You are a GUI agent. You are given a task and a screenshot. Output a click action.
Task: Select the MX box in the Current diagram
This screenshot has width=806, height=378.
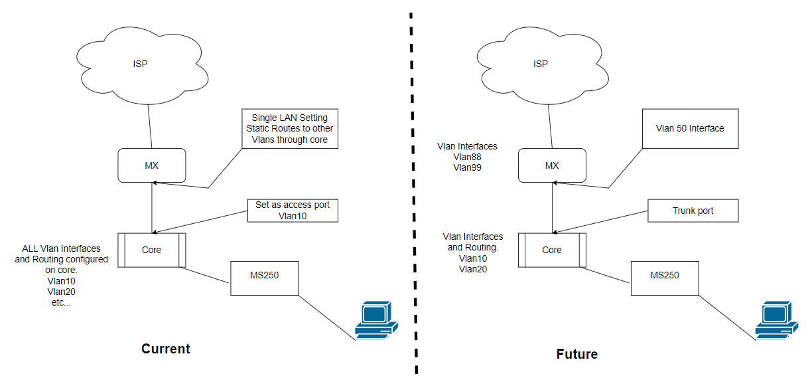tap(152, 165)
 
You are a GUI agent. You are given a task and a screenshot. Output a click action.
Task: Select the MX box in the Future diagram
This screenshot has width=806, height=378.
tap(551, 165)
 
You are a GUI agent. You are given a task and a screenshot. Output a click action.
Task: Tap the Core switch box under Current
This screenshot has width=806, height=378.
tap(151, 250)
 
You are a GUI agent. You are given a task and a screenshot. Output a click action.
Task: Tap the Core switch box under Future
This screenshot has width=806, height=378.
tap(551, 250)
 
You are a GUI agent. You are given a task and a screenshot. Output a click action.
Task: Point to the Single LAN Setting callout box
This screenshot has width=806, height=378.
tap(290, 128)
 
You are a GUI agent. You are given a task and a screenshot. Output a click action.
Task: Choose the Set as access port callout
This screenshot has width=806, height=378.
tap(293, 211)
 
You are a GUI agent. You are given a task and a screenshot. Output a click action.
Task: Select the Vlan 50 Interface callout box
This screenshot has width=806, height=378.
tap(691, 128)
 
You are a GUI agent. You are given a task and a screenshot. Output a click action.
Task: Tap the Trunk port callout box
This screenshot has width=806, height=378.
tap(693, 211)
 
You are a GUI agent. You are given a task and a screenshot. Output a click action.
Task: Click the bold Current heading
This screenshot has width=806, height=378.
tap(166, 349)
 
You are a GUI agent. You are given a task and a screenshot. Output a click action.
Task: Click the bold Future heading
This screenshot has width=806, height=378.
tap(576, 354)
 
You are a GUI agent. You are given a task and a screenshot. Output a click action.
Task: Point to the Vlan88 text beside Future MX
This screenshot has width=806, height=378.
tap(467, 157)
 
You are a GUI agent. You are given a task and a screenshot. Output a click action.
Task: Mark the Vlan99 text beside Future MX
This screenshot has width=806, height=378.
tap(467, 168)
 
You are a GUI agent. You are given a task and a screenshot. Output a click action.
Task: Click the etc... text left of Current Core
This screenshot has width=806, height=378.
tap(61, 302)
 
